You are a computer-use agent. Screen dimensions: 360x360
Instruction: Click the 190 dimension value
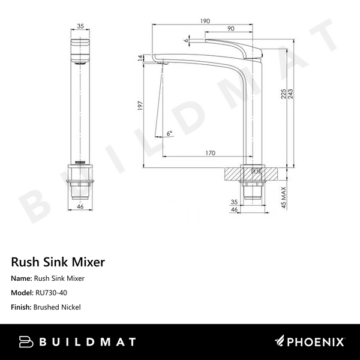[205, 21]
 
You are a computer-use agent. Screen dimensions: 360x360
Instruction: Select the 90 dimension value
[230, 29]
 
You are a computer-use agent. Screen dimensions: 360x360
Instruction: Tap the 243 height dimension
[290, 99]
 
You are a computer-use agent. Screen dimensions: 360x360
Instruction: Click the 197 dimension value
[140, 106]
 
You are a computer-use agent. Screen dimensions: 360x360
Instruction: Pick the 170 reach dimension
[210, 154]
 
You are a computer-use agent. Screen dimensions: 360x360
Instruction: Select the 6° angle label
[169, 133]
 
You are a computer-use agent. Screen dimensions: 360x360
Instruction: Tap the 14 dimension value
[140, 58]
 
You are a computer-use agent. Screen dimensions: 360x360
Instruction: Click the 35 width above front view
[82, 26]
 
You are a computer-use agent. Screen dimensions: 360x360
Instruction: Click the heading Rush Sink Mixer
[58, 262]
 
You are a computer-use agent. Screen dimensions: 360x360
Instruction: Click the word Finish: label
[22, 307]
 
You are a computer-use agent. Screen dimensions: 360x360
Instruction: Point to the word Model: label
[22, 293]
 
